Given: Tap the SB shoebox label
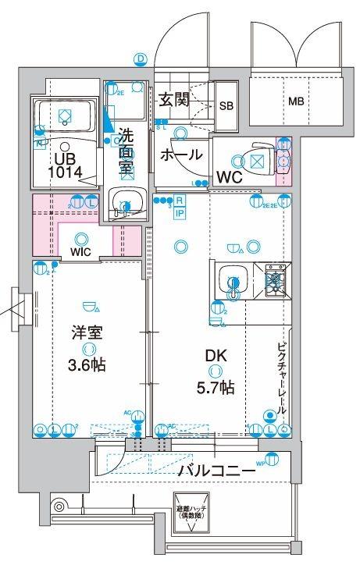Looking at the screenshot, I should pyautogui.click(x=225, y=106).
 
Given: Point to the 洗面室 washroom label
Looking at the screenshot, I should pyautogui.click(x=126, y=151).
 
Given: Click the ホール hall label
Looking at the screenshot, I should pyautogui.click(x=181, y=155).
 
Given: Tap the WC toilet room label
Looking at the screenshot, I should pyautogui.click(x=229, y=176).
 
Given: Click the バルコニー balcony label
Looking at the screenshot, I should pyautogui.click(x=216, y=471).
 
